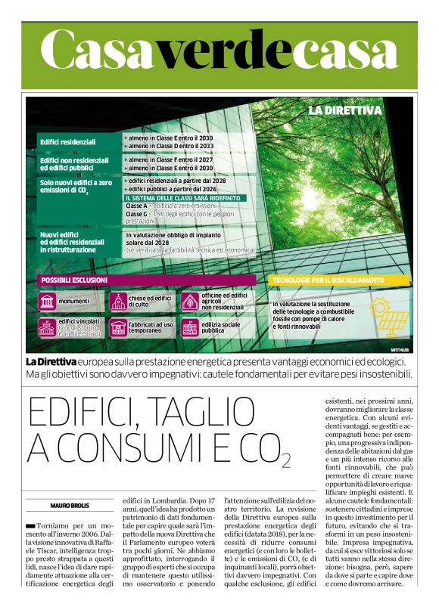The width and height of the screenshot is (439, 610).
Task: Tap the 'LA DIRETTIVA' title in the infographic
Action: [344, 110]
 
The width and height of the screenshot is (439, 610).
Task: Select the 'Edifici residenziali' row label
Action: [68, 141]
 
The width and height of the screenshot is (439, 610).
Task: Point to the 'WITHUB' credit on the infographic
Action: [400, 350]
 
